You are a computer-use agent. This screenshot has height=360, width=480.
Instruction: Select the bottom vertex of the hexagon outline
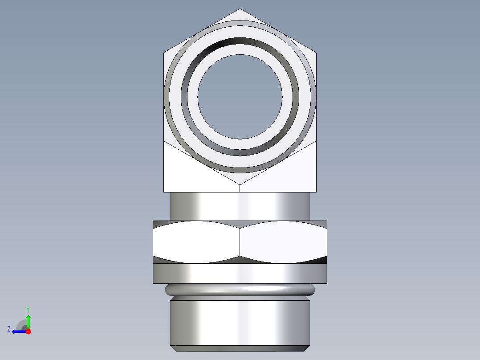tap(240, 184)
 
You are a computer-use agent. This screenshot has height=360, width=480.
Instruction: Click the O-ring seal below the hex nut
tap(240, 290)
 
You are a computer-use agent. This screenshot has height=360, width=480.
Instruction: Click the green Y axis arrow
tap(28, 320)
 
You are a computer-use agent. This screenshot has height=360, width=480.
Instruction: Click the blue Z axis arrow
tap(18, 331)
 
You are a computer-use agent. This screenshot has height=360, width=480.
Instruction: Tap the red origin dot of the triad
tap(28, 331)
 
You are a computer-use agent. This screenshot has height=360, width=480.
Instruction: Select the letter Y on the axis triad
tap(28, 309)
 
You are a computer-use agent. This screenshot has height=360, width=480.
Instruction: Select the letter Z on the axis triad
tap(9, 329)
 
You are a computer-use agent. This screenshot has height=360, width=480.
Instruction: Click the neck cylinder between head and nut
tap(240, 206)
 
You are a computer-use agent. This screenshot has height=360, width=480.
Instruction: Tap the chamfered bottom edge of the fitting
tap(240, 348)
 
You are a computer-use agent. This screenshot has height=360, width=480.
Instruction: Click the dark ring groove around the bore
tap(240, 43)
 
